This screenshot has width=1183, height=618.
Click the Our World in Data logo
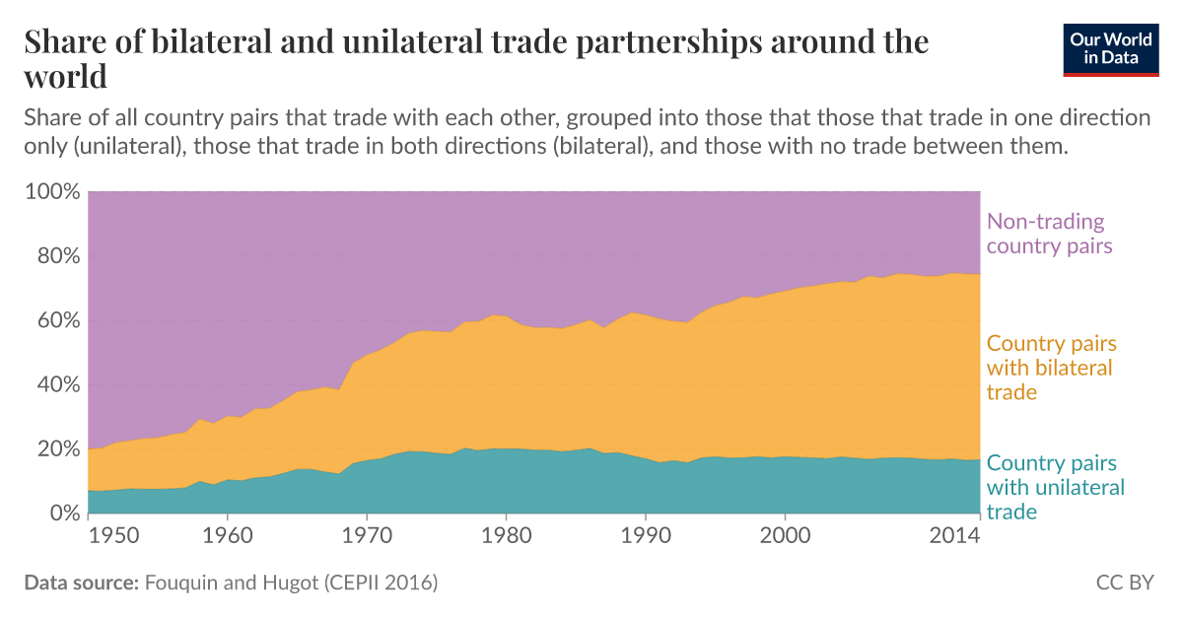(x=1111, y=47)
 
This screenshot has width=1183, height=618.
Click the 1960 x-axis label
(x=227, y=536)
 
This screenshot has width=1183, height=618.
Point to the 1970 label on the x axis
(x=366, y=536)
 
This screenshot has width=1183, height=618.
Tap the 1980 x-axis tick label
(x=506, y=536)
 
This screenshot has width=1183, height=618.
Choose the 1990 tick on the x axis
(x=645, y=536)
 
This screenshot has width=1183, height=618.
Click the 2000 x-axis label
(x=785, y=536)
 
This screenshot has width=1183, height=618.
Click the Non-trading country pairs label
(x=1049, y=234)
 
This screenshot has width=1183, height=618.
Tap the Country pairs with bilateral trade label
(x=1050, y=369)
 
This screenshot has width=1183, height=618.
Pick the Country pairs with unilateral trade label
(x=1055, y=487)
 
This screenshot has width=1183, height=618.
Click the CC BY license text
(x=1125, y=583)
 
